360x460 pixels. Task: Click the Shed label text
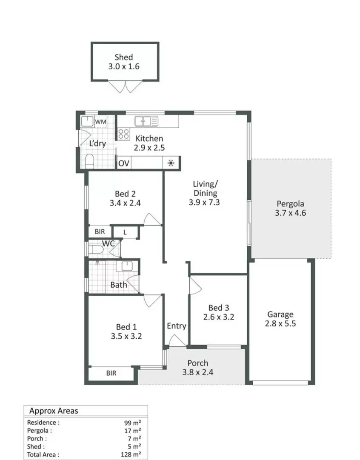tap(123, 57)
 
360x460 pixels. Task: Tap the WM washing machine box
tap(101, 122)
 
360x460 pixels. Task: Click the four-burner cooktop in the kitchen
tap(123, 134)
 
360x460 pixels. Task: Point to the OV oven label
tap(124, 163)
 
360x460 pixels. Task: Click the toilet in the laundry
tap(89, 161)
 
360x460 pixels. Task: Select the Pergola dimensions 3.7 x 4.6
tap(291, 213)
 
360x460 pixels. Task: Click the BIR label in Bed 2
tap(100, 232)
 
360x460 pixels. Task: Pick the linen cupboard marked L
tap(125, 232)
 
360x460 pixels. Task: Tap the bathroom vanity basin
tap(126, 267)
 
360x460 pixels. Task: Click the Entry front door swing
tap(177, 340)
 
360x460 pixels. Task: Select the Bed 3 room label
tap(219, 308)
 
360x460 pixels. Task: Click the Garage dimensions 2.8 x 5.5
tap(280, 323)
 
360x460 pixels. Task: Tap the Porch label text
tap(198, 363)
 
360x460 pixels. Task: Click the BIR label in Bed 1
tap(111, 373)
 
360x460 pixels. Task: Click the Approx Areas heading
tap(54, 411)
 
